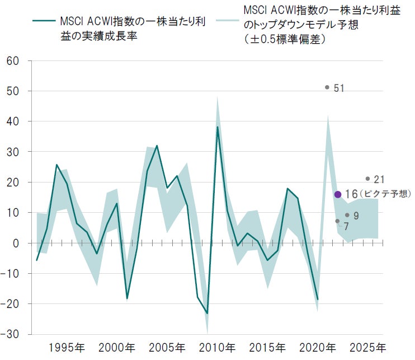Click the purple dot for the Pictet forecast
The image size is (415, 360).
[337, 194]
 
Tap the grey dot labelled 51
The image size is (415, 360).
[327, 87]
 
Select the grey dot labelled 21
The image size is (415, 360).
[367, 179]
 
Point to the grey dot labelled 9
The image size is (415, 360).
[347, 215]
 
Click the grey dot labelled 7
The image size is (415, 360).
[337, 221]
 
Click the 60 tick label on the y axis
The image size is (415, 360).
[13, 60]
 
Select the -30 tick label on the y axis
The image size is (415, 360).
[11, 334]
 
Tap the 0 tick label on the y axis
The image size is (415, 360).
[16, 243]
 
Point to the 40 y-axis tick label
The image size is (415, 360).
[13, 121]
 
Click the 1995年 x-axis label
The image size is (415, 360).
[68, 347]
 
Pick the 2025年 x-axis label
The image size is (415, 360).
[366, 347]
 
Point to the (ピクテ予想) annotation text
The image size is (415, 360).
[385, 194]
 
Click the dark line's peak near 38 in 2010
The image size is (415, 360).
[218, 127]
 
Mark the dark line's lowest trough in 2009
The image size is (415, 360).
[207, 313]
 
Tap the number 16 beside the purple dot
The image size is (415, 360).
[351, 194]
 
